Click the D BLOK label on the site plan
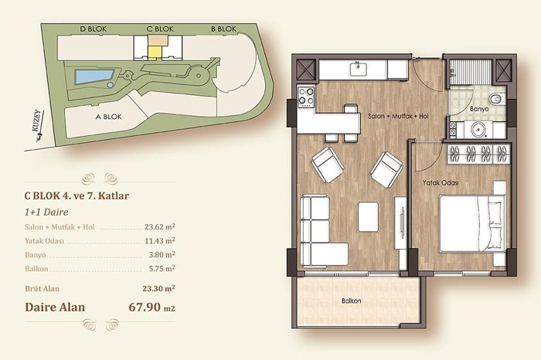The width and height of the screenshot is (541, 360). pyautogui.click(x=94, y=29)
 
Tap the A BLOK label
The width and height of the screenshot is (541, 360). pyautogui.click(x=109, y=117)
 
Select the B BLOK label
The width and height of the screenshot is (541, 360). pyautogui.click(x=223, y=29)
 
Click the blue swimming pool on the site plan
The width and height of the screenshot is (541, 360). pyautogui.click(x=94, y=76)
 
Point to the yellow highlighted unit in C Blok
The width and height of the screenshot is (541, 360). pyautogui.click(x=155, y=53)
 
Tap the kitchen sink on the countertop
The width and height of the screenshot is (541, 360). pyautogui.click(x=359, y=69)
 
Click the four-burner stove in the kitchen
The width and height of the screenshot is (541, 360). pyautogui.click(x=306, y=97)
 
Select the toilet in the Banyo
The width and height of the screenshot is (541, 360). pyautogui.click(x=497, y=99)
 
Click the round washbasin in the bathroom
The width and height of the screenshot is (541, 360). pyautogui.click(x=478, y=130)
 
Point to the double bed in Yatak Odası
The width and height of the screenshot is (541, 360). pyautogui.click(x=471, y=223)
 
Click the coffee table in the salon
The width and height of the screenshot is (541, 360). pyautogui.click(x=368, y=216)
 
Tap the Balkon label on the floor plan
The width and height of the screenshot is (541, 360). pyautogui.click(x=351, y=301)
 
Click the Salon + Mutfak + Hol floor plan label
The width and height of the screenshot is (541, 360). pyautogui.click(x=398, y=116)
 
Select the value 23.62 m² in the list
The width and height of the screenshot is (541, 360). pyautogui.click(x=160, y=227)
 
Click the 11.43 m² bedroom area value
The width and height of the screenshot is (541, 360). pyautogui.click(x=160, y=241)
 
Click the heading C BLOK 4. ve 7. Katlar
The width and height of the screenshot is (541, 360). pyautogui.click(x=77, y=196)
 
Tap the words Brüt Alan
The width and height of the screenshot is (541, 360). pyautogui.click(x=42, y=289)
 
